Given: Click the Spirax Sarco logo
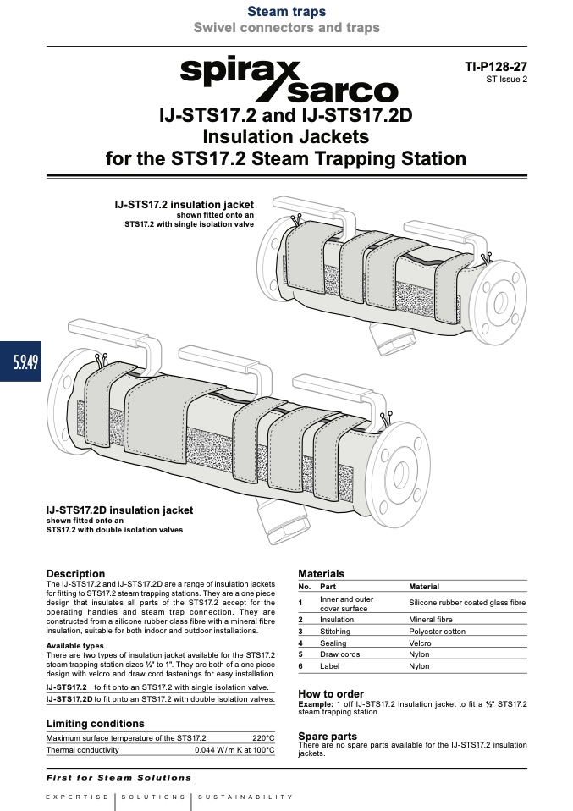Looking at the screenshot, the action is click(x=289, y=80).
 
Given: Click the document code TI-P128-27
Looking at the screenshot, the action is click(x=496, y=67).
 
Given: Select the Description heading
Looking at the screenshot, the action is click(x=75, y=574).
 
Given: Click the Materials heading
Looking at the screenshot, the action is click(x=321, y=574).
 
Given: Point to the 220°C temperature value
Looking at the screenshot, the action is click(x=264, y=738).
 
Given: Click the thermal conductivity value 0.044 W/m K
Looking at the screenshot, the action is click(x=216, y=750).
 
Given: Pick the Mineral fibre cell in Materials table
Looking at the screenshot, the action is click(x=431, y=620).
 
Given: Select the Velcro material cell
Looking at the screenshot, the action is click(x=420, y=643).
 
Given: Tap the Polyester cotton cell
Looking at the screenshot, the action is click(x=437, y=632).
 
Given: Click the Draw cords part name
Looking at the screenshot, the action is click(x=339, y=654).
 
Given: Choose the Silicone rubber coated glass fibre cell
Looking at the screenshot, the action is click(x=467, y=603).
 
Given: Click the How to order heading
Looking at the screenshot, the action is click(x=331, y=694).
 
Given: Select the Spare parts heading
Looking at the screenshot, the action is click(x=328, y=736).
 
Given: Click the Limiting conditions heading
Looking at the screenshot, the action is click(x=95, y=724).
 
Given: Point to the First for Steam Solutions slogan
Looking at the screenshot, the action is click(x=119, y=777).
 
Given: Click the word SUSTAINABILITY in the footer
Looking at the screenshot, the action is click(x=245, y=797).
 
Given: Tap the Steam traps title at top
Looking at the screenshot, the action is click(x=286, y=11).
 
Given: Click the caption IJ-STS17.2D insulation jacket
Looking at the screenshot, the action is click(x=119, y=510).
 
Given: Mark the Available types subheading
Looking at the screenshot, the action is click(x=75, y=646).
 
